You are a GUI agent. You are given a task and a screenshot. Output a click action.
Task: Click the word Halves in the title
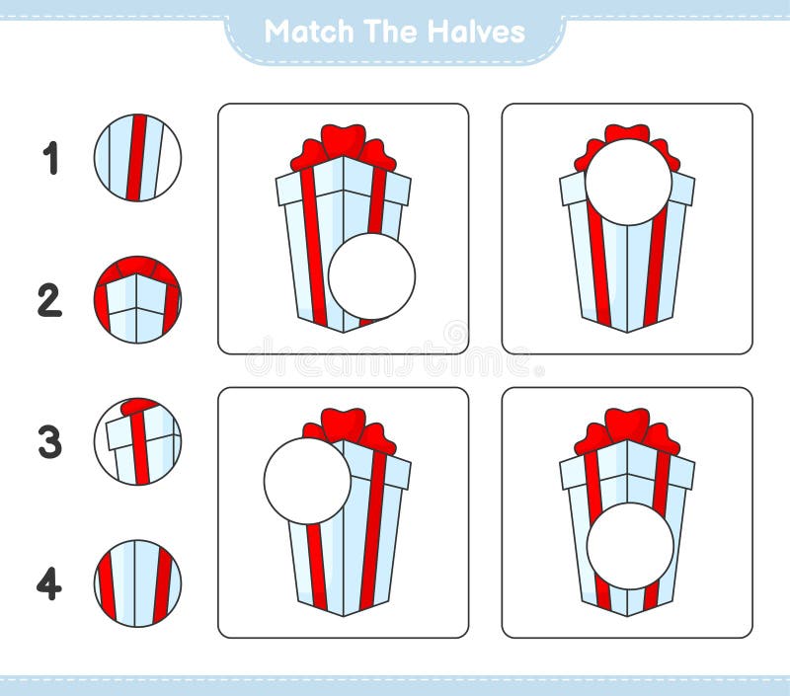[476, 32]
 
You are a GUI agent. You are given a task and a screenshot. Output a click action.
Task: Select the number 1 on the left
[50, 159]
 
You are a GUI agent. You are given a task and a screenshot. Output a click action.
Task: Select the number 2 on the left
[49, 301]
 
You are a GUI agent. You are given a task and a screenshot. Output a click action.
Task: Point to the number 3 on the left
[49, 442]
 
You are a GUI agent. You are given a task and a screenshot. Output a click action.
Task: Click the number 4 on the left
[49, 584]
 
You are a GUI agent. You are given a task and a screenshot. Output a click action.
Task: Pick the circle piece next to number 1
[137, 158]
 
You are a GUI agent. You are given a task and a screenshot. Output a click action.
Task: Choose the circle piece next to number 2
[137, 300]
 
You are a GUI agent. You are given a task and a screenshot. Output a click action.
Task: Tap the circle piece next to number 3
[137, 441]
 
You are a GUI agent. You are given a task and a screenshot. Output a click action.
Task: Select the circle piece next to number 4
[137, 583]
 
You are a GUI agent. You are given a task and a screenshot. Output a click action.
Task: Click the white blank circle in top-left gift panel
[371, 276]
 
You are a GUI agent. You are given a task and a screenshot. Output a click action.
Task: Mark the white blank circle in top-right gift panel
[628, 182]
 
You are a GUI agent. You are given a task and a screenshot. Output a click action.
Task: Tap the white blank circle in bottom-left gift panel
[307, 481]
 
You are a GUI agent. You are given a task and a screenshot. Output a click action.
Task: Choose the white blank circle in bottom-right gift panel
[630, 546]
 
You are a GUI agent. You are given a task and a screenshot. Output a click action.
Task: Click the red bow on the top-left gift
[343, 145]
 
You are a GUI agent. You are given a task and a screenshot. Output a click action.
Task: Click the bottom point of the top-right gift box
[627, 331]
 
